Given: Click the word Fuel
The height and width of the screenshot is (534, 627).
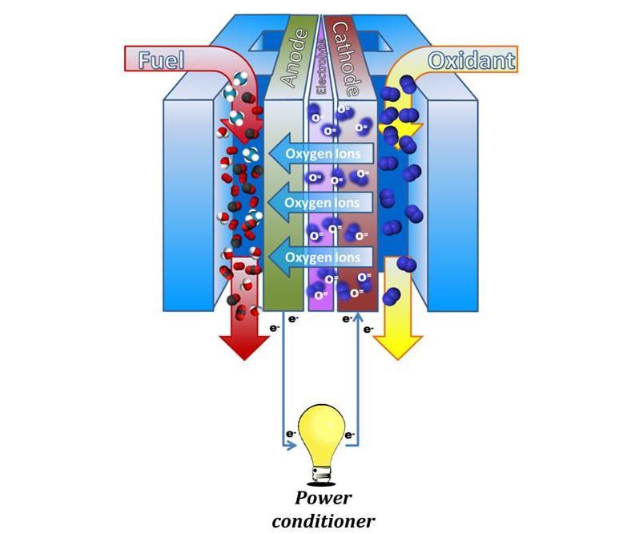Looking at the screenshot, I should (163, 59).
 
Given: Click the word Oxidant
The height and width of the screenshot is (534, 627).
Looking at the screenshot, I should (471, 60).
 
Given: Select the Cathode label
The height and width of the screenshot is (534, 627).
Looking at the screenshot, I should (347, 56).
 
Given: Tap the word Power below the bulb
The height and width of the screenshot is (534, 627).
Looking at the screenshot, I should (323, 497).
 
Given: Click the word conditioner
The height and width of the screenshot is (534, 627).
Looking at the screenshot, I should (323, 521).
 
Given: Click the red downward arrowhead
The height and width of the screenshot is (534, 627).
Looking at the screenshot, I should (243, 345).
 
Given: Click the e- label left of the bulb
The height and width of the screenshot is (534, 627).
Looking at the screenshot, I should (290, 434).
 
